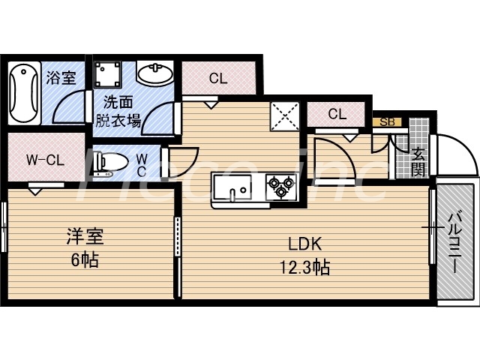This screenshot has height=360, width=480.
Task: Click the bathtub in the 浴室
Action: click(24, 94)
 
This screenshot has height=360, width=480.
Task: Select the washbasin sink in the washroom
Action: click(155, 75)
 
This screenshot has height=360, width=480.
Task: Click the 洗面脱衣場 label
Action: click(118, 110)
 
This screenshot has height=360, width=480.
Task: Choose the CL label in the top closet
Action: click(218, 77)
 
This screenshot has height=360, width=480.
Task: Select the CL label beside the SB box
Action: click(337, 115)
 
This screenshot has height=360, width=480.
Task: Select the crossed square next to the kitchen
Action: click(284, 115)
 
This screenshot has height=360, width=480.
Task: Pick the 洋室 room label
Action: click(82, 238)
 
